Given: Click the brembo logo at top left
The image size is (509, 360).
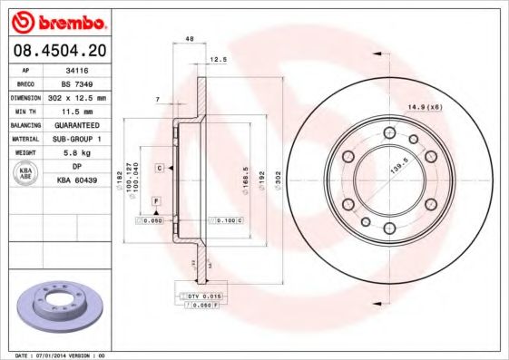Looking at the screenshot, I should coord(62,20).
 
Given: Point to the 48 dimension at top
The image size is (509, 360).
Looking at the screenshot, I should coord(190,39).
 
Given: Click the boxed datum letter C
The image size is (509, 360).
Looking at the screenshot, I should coord(158,169).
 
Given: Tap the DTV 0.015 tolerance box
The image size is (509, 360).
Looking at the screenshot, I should coord(205,297).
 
